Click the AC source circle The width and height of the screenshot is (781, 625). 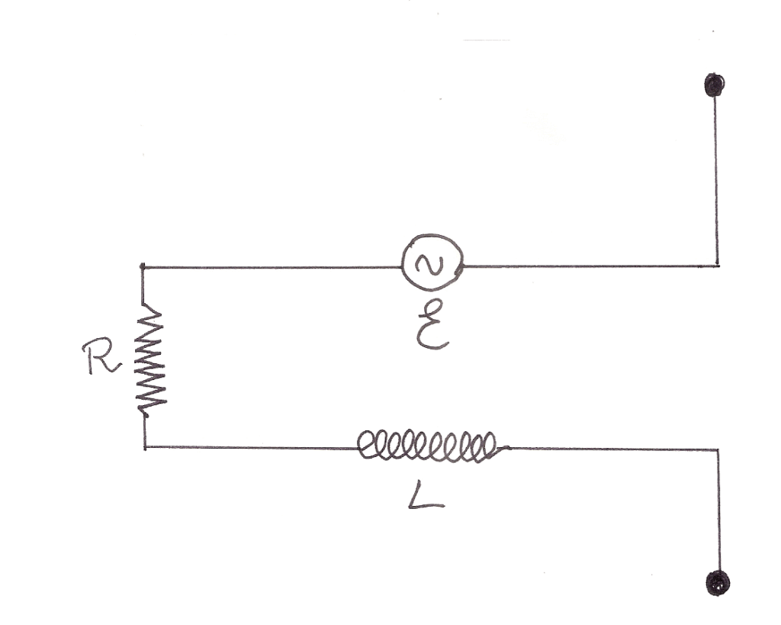tap(433, 265)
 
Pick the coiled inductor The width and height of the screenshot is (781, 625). tap(428, 446)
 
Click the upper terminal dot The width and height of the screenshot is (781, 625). tap(715, 84)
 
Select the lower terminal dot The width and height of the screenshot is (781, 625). tap(718, 584)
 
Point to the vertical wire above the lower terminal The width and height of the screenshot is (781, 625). tap(718, 511)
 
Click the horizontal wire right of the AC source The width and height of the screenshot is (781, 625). tap(591, 266)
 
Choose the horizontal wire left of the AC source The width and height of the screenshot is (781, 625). tap(271, 267)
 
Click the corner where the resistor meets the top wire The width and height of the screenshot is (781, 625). tap(143, 267)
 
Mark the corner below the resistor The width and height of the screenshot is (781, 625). tap(144, 448)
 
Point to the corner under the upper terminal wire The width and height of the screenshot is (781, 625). tap(717, 266)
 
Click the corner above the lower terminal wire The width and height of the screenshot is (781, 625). tap(718, 450)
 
